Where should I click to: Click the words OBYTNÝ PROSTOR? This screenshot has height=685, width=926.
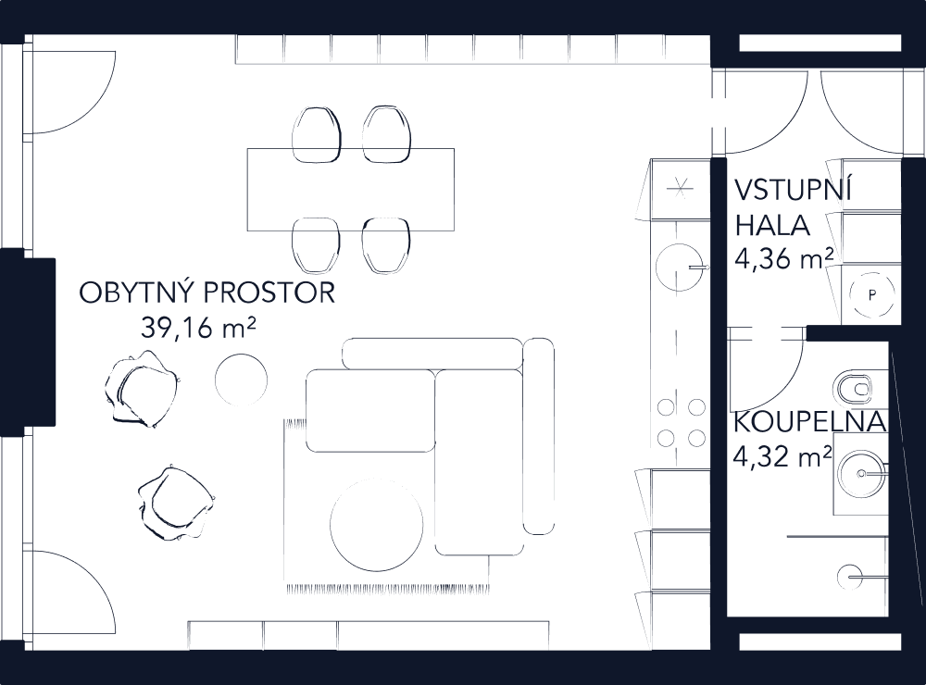(206, 293)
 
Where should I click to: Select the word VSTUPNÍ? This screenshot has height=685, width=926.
(793, 190)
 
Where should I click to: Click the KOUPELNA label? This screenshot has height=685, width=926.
(809, 423)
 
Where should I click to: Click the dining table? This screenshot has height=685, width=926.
(351, 190)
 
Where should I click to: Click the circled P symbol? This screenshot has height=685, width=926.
(870, 295)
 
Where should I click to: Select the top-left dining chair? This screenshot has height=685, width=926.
(315, 133)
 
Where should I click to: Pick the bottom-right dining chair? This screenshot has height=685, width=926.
(385, 245)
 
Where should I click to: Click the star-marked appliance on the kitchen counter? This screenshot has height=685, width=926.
(680, 188)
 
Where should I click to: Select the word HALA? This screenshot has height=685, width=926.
(774, 226)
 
